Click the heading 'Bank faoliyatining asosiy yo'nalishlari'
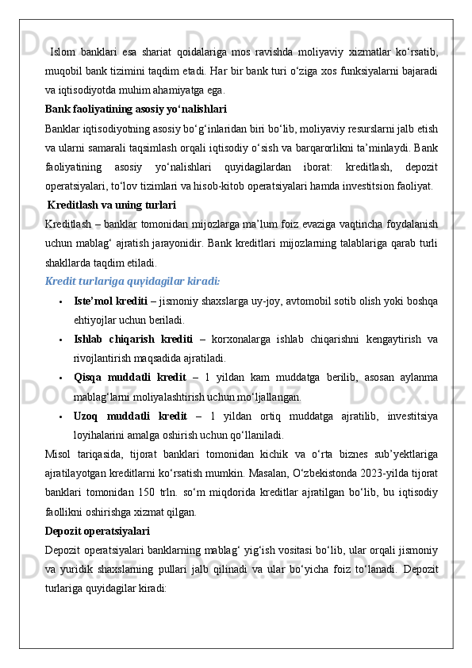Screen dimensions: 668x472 (x=136, y=108)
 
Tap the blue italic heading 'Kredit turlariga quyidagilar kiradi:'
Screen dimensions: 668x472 (x=132, y=281)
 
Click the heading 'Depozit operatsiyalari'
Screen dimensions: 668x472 (x=97, y=531)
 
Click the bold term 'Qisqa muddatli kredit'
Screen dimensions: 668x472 (x=130, y=377)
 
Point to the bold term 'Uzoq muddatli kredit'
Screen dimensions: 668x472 (x=130, y=415)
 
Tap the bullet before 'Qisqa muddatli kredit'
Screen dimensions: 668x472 (x=60, y=378)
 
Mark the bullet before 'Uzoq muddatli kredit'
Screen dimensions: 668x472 (x=60, y=416)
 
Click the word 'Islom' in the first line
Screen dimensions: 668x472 (x=63, y=52)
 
